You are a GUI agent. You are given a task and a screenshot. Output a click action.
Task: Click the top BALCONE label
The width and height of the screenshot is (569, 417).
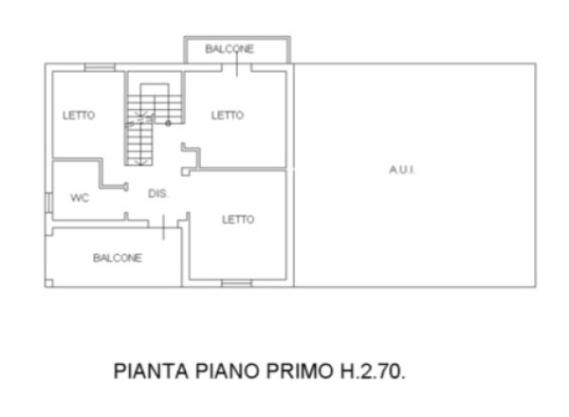[x=229, y=49]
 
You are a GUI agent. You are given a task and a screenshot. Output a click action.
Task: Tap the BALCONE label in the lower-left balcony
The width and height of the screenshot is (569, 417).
[x=118, y=258]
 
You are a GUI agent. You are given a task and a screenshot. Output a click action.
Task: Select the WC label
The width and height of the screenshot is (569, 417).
[x=80, y=198]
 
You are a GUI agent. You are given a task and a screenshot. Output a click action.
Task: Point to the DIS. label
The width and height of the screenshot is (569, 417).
[x=158, y=193]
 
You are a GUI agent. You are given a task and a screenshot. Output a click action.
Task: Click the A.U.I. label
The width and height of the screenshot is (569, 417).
[x=402, y=170]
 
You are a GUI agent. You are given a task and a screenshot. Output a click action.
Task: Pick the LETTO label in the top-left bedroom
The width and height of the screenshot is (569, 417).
[x=79, y=116]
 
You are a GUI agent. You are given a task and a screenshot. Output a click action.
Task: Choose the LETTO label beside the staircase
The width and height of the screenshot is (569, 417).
[x=228, y=116]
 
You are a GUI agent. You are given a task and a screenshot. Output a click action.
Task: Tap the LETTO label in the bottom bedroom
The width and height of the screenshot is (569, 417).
[x=238, y=219]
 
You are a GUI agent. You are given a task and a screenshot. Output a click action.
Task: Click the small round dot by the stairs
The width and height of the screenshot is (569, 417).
[x=168, y=123]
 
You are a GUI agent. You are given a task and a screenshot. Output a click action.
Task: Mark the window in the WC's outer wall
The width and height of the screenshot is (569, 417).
[x=48, y=203]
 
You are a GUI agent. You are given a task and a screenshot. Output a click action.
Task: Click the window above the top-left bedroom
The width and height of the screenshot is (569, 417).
[x=100, y=67]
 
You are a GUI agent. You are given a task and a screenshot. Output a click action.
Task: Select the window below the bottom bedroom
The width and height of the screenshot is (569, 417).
[x=237, y=283]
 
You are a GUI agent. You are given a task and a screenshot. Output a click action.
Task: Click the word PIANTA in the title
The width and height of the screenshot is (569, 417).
[x=152, y=371]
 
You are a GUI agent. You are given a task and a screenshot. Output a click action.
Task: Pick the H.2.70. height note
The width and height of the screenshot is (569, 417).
[x=373, y=371]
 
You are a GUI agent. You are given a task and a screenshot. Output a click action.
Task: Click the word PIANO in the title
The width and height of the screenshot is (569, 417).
[x=228, y=371]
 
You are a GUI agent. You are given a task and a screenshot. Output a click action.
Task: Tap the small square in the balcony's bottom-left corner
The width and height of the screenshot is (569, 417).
[x=49, y=283]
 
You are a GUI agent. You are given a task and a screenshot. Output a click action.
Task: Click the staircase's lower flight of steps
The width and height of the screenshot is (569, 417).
[x=139, y=144]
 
